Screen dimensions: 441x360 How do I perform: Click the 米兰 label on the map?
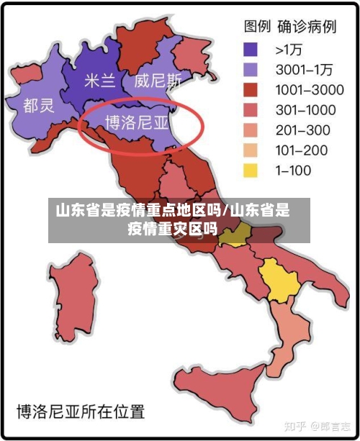pyautogui.click(x=99, y=80)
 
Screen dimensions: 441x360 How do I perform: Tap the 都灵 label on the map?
pyautogui.click(x=38, y=106)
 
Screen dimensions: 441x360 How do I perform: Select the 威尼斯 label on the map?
pyautogui.click(x=158, y=80)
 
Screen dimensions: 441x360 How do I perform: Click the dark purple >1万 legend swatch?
pyautogui.click(x=251, y=50)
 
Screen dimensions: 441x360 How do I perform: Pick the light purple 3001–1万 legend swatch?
pyautogui.click(x=251, y=70)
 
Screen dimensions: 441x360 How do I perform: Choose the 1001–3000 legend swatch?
pyautogui.click(x=251, y=90)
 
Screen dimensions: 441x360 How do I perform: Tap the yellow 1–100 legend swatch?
pyautogui.click(x=251, y=171)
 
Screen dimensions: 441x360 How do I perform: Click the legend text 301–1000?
pyautogui.click(x=305, y=110)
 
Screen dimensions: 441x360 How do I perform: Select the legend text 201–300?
pyautogui.click(x=302, y=130)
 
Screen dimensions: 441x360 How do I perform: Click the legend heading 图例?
pyautogui.click(x=257, y=27)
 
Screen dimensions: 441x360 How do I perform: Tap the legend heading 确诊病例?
pyautogui.click(x=308, y=27)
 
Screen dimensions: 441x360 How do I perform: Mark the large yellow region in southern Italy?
pyautogui.click(x=279, y=280)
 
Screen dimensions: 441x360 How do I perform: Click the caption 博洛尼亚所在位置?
pyautogui.click(x=81, y=412)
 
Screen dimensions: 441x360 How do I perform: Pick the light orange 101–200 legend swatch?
pyautogui.click(x=251, y=150)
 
